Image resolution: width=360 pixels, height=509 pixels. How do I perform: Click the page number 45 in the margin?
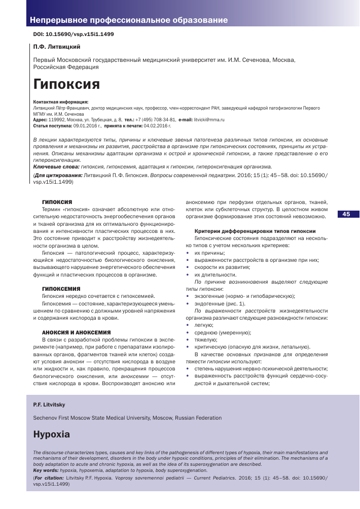(x=346, y=214)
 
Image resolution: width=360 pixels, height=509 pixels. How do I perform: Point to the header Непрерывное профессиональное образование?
(x=129, y=21)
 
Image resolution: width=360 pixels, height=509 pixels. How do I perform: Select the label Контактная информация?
(x=60, y=102)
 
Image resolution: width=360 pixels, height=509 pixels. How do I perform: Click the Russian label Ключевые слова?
(x=55, y=166)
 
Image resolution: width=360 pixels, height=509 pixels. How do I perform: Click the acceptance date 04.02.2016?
(x=157, y=125)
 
